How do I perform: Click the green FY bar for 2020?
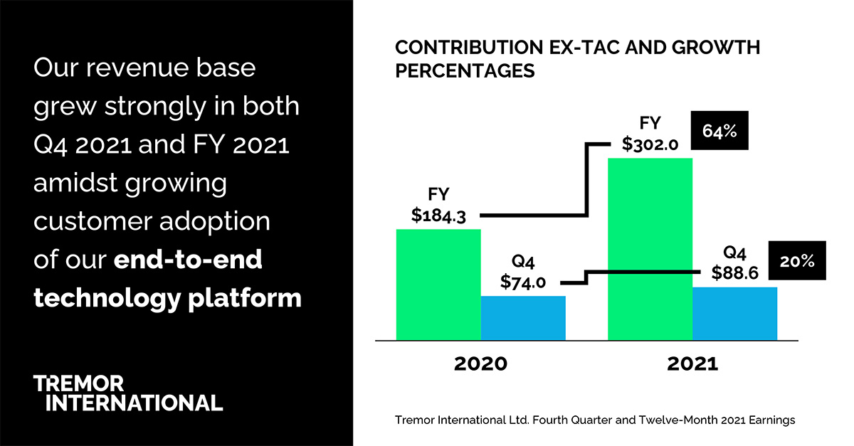(438, 285)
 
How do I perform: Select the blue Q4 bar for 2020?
(523, 318)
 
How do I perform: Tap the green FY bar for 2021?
(650, 249)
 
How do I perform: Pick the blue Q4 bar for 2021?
(734, 314)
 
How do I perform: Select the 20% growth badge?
(796, 261)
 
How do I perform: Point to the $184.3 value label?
(438, 216)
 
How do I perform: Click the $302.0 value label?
(650, 144)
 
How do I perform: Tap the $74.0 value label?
(523, 282)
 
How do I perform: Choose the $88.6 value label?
(735, 273)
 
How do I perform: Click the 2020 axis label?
(481, 363)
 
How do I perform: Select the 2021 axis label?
(692, 363)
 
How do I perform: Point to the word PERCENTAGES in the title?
(465, 70)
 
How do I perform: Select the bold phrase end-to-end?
(188, 260)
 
